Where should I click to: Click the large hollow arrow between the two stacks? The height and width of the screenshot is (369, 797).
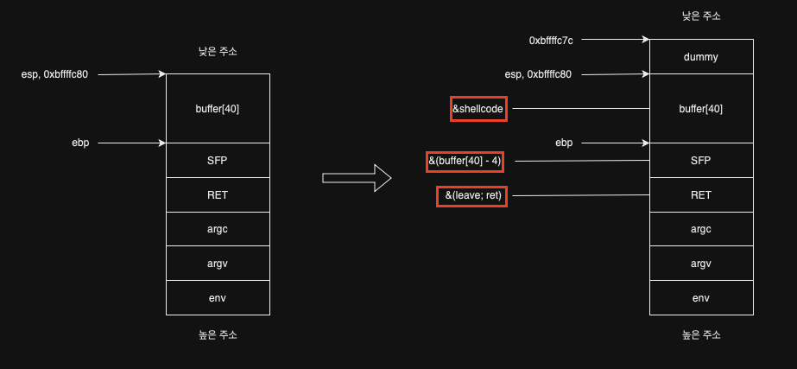tap(357, 178)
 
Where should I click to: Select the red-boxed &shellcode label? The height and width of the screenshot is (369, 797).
tap(478, 109)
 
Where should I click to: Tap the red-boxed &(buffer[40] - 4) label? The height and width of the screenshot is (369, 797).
tap(465, 161)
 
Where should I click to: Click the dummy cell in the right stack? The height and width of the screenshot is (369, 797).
tap(700, 56)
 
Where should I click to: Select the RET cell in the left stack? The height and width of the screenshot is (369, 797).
tap(217, 195)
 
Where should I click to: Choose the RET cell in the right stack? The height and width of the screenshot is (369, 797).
tap(700, 195)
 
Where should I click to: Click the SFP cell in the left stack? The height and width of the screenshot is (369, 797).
tap(217, 161)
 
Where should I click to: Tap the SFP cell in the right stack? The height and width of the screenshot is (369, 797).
tap(700, 161)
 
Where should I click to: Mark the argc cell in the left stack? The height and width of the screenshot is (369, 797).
tap(217, 230)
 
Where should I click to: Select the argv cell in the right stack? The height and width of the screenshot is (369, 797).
tap(700, 264)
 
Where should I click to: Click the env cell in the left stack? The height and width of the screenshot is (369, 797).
tap(217, 298)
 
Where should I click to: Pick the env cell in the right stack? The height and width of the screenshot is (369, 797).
tap(700, 298)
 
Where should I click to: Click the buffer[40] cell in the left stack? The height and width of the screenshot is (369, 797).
tap(217, 109)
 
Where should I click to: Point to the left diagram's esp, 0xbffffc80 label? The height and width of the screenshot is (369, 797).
tap(55, 74)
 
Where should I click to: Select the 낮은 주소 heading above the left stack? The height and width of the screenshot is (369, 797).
tap(217, 52)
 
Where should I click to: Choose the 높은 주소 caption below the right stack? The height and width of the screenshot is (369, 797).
tap(700, 334)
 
